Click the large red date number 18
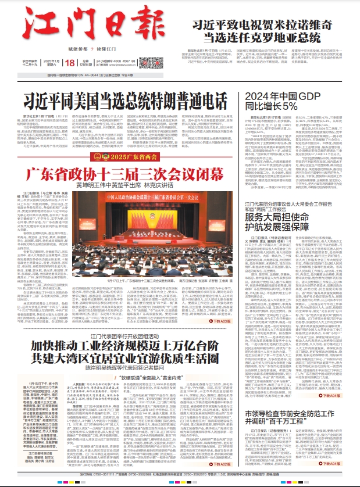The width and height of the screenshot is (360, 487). [69, 63]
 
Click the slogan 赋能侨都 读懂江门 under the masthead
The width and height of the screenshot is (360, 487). [72, 48]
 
